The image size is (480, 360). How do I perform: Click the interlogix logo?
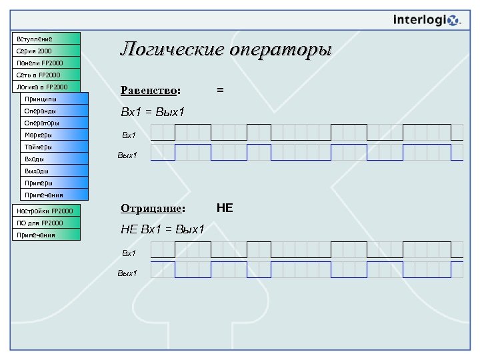tap(427, 20)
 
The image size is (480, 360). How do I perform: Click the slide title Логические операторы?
tap(225, 50)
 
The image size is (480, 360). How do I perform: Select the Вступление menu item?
tap(46, 39)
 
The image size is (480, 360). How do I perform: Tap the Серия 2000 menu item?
tap(46, 51)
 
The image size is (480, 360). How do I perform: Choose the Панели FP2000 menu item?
tap(46, 63)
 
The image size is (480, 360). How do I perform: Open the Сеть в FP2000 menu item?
tap(46, 75)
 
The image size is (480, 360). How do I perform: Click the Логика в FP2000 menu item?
tap(46, 87)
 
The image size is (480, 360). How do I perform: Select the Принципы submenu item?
tap(54, 99)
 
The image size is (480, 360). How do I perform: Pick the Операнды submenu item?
tap(54, 111)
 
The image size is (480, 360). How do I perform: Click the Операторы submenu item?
tap(54, 123)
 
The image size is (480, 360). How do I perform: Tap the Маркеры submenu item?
tap(54, 135)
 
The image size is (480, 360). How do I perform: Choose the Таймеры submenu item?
tap(54, 147)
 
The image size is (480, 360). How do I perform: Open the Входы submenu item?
tap(54, 159)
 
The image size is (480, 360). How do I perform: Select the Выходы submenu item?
tap(54, 171)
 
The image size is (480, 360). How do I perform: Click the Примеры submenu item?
tap(54, 183)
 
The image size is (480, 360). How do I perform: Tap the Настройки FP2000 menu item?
tap(46, 211)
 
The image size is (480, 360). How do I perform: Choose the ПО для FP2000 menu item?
tap(46, 223)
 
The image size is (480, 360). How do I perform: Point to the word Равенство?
tap(149, 90)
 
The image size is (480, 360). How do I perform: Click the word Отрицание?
tap(151, 208)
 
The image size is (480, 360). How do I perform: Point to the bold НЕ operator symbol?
tap(225, 208)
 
